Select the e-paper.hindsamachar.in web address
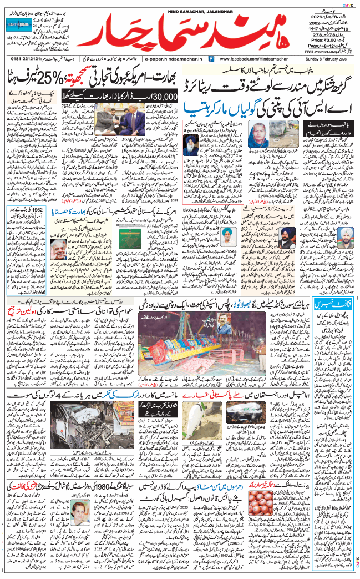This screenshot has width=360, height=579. [173, 58]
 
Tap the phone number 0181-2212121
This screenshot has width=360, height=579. [24, 58]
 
